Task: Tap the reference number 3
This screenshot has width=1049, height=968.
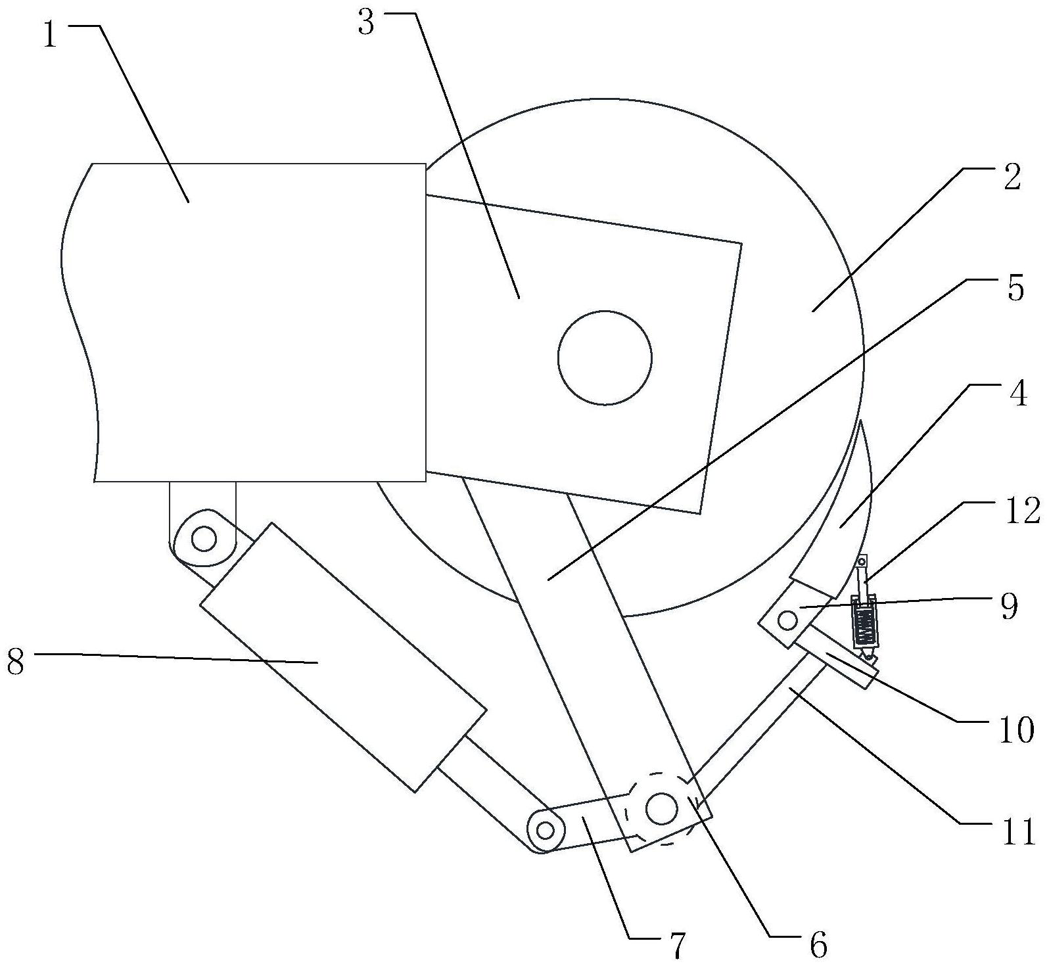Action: point(366,24)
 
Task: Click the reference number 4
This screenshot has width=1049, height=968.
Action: point(1017,394)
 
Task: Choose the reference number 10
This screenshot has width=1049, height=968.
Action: point(1016,729)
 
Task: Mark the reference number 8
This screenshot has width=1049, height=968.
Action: point(16,662)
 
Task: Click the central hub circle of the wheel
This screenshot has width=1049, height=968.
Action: point(605,358)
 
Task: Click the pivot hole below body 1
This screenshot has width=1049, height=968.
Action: point(204,540)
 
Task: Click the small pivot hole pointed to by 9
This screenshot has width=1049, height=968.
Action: point(787,618)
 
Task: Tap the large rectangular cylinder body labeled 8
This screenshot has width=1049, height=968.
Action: point(342,657)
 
